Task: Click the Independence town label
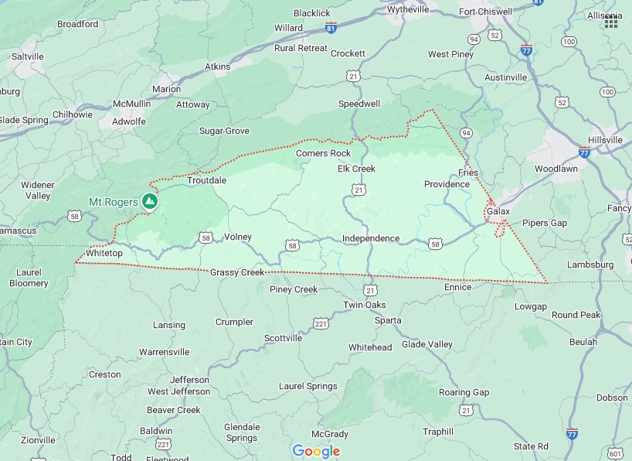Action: (371, 238)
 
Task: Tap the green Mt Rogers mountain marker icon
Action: (151, 202)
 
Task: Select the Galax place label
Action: (498, 211)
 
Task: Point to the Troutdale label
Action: (206, 180)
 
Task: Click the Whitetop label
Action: (104, 253)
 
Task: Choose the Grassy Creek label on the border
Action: (237, 272)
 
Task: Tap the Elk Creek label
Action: (356, 169)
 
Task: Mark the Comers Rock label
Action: (323, 153)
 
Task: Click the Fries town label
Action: (468, 172)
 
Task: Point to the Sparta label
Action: (388, 320)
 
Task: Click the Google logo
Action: (316, 451)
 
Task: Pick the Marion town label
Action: (166, 89)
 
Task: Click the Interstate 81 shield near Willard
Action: (331, 28)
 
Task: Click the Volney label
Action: (237, 237)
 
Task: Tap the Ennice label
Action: (457, 287)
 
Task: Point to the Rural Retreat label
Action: (301, 48)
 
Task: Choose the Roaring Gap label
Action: (464, 392)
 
